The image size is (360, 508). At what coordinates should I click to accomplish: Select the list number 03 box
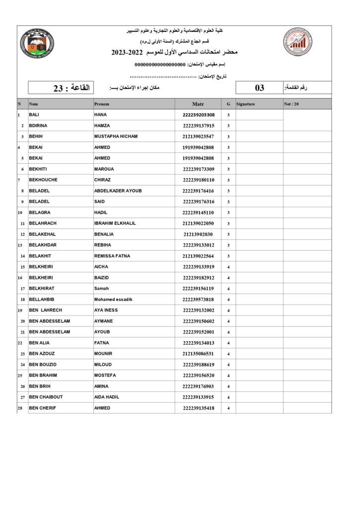pos(259,88)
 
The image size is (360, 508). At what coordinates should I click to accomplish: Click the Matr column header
pos(198,104)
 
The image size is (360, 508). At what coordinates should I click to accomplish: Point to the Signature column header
pos(246,104)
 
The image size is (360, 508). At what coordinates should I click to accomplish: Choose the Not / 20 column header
pos(291,104)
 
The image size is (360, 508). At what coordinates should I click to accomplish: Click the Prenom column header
pos(102,104)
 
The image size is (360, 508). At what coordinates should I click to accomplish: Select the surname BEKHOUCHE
pos(43,180)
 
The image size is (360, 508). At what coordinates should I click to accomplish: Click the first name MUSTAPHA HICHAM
pos(116,136)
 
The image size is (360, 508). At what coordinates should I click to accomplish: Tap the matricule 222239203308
pos(199,115)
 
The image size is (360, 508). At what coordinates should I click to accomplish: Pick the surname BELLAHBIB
pos(42,299)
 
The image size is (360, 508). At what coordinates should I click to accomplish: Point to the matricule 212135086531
pos(199,354)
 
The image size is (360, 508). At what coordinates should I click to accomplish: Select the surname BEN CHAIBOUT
pos(47,397)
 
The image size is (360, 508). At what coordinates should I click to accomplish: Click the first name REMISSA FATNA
pos(112,256)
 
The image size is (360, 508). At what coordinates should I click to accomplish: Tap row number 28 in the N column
pos(20,408)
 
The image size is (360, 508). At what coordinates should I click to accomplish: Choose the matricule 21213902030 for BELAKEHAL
pos(198,234)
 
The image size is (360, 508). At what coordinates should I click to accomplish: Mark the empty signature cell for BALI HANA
pos(259,115)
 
